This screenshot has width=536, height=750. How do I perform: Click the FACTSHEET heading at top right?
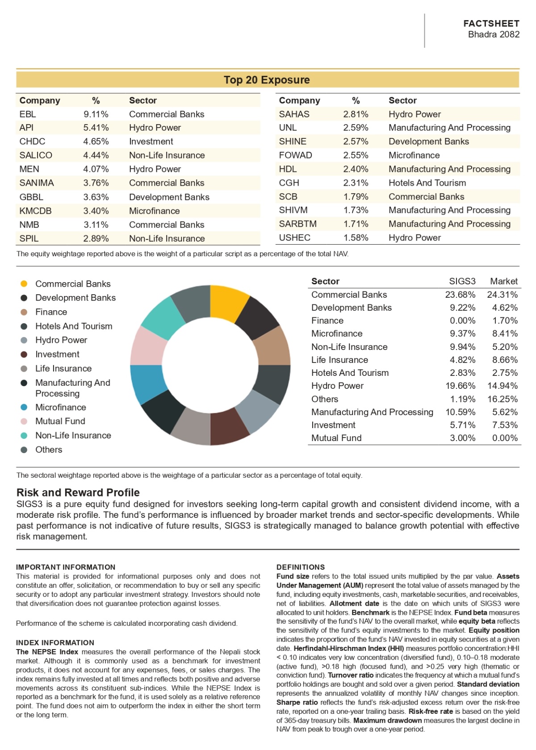491,23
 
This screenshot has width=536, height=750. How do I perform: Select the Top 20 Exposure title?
267,80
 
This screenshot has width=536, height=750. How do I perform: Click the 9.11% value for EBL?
96,114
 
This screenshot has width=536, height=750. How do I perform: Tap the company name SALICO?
36,155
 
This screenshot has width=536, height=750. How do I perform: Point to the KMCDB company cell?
35,211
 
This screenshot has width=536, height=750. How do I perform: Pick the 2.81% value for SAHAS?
356,114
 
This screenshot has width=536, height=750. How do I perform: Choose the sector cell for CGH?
427,183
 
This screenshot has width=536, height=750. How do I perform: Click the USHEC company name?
294,237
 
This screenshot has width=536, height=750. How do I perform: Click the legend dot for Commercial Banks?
24,284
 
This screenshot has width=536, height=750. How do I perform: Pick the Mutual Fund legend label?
60,421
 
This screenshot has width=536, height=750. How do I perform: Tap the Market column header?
503,281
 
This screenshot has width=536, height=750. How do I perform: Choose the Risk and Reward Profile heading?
78,492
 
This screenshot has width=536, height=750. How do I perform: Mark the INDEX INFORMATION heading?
55,642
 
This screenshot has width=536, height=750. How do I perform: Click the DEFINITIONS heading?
301,567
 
